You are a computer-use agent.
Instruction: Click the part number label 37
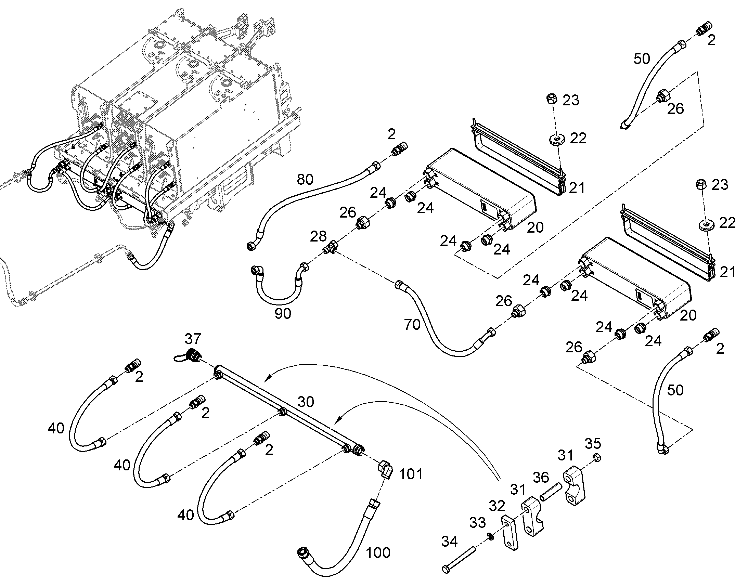coord(193,339)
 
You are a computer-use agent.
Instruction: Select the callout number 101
coord(411,474)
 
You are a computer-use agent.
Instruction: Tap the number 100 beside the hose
coord(378,553)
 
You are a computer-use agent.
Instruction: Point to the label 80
coord(305,180)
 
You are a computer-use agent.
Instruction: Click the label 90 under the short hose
coord(283,314)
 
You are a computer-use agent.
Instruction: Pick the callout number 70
coord(412,325)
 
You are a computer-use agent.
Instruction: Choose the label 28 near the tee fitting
coord(318,236)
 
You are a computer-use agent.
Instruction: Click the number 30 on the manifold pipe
coord(305,402)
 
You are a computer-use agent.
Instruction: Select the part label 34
coord(449,542)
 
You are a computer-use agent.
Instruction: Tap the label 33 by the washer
coord(477,523)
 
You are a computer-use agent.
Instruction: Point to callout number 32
coord(497,506)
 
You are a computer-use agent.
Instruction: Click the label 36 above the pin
coord(541,477)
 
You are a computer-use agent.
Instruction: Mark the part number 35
coord(593,444)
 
